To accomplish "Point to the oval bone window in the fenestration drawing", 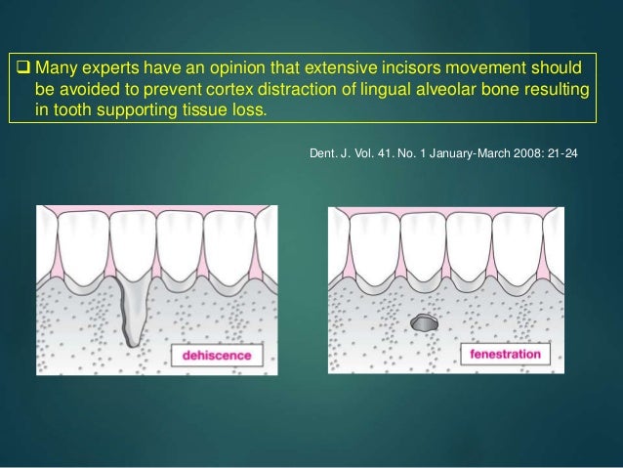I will [426, 321].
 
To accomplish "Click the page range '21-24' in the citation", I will [561, 153].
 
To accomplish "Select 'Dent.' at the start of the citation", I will [322, 153].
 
